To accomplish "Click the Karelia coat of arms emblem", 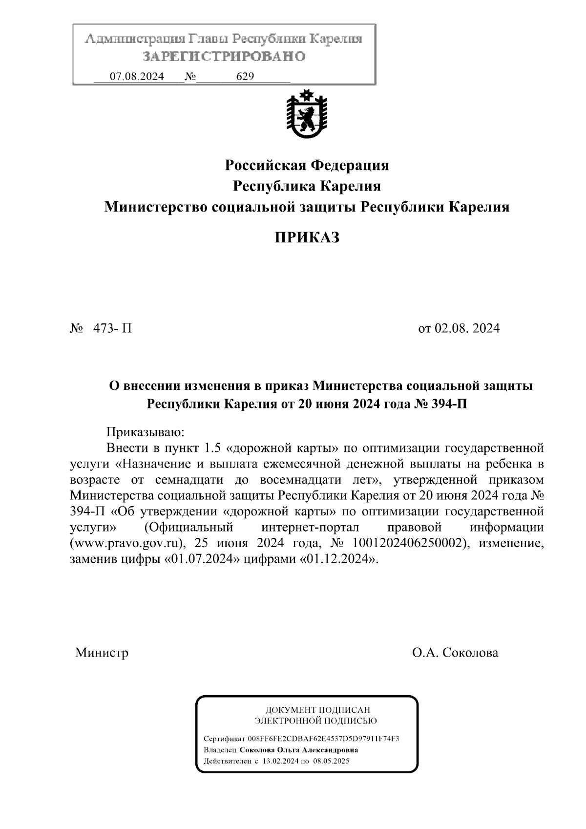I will pyautogui.click(x=307, y=114).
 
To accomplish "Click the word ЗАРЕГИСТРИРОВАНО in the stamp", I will pyautogui.click(x=224, y=57).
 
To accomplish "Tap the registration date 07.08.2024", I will pyautogui.click(x=137, y=77).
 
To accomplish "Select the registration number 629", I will pyautogui.click(x=245, y=77).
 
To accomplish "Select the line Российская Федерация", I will pyautogui.click(x=307, y=166).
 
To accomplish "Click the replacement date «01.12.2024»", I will pyautogui.click(x=337, y=559).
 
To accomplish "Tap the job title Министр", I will pyautogui.click(x=102, y=653).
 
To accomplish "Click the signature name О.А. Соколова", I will pyautogui.click(x=455, y=653).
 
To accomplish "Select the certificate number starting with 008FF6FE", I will pyautogui.click(x=323, y=739).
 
